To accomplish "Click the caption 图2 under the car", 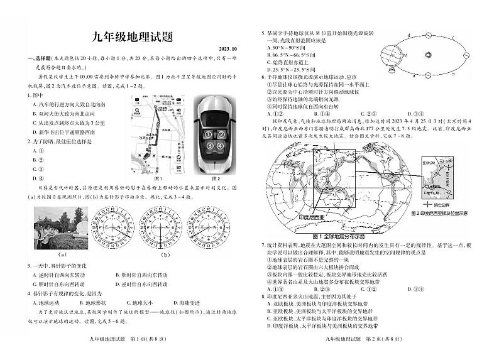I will click(x=214, y=179).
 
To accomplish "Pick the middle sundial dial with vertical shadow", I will click(x=147, y=227).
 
